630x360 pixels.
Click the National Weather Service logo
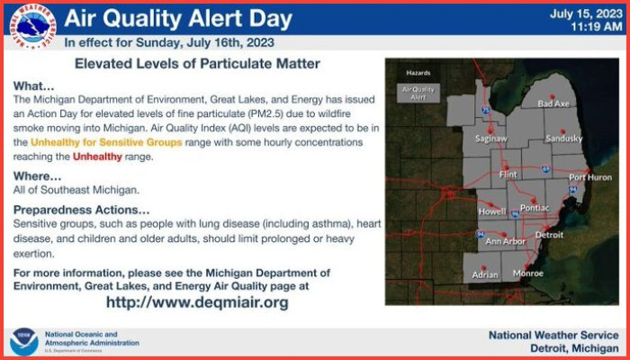[33, 27]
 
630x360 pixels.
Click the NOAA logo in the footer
[24, 341]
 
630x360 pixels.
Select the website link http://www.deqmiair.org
[197, 302]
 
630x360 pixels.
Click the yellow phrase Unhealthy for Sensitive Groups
[106, 142]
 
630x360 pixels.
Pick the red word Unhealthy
[97, 157]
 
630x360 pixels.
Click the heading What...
[34, 86]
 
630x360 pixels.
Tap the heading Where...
[38, 176]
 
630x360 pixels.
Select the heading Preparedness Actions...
[82, 210]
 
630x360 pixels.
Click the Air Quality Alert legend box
[418, 94]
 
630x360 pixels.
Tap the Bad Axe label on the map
[553, 104]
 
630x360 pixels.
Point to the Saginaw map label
[491, 139]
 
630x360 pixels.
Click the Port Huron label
[590, 177]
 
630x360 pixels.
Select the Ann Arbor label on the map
[505, 241]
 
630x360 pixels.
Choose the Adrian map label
[485, 275]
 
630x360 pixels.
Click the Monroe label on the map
[528, 274]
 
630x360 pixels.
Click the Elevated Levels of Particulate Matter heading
[197, 64]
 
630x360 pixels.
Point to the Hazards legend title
[418, 73]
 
